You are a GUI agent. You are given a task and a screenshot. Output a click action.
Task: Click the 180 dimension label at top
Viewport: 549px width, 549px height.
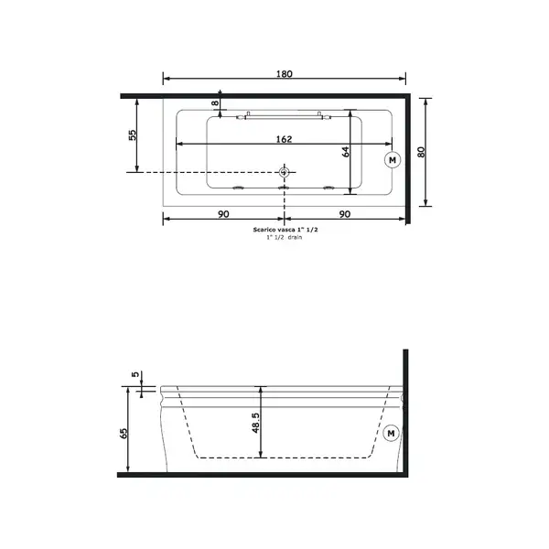coord(284,74)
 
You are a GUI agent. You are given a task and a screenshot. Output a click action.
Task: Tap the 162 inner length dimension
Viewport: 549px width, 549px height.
coord(284,139)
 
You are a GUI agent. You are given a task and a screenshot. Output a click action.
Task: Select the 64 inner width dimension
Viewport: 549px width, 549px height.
coord(346,152)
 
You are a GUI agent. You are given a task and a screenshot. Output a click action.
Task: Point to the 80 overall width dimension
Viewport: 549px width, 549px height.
coord(421,152)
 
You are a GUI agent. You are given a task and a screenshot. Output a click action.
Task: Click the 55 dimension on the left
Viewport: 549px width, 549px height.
coord(133,135)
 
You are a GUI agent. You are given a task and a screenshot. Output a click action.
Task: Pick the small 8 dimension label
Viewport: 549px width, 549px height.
coord(215,102)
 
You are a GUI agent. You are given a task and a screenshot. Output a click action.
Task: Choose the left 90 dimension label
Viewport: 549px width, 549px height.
coord(223,213)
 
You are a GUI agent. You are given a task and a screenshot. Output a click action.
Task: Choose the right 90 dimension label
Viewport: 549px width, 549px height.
coord(345,213)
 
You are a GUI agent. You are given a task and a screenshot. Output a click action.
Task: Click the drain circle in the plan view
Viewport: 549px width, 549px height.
coord(284,172)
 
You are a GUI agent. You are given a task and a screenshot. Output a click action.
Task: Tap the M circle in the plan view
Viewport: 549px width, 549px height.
coord(393,160)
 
